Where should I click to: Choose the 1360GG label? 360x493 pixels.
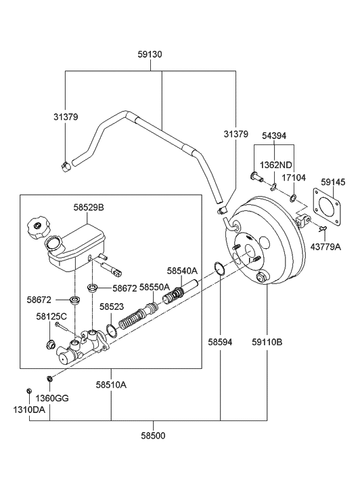52,398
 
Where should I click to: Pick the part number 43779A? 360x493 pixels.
325,247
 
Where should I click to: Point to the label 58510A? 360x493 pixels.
111,384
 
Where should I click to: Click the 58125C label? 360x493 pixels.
51,316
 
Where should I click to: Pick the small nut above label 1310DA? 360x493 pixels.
29,391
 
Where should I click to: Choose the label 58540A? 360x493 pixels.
181,271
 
